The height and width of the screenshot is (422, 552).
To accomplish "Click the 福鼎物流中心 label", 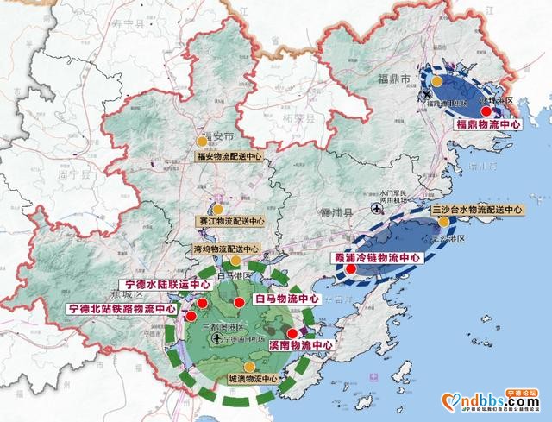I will coord(487,124).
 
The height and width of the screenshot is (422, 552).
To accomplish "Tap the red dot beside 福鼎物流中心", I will coord(486,111).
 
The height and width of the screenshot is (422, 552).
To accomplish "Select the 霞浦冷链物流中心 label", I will coord(376,257).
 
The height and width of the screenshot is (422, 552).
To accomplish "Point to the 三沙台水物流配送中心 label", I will coord(476,210).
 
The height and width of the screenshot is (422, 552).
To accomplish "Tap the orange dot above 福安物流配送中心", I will coord(202,140).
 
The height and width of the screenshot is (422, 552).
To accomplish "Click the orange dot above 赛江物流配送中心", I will coord(218,209).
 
